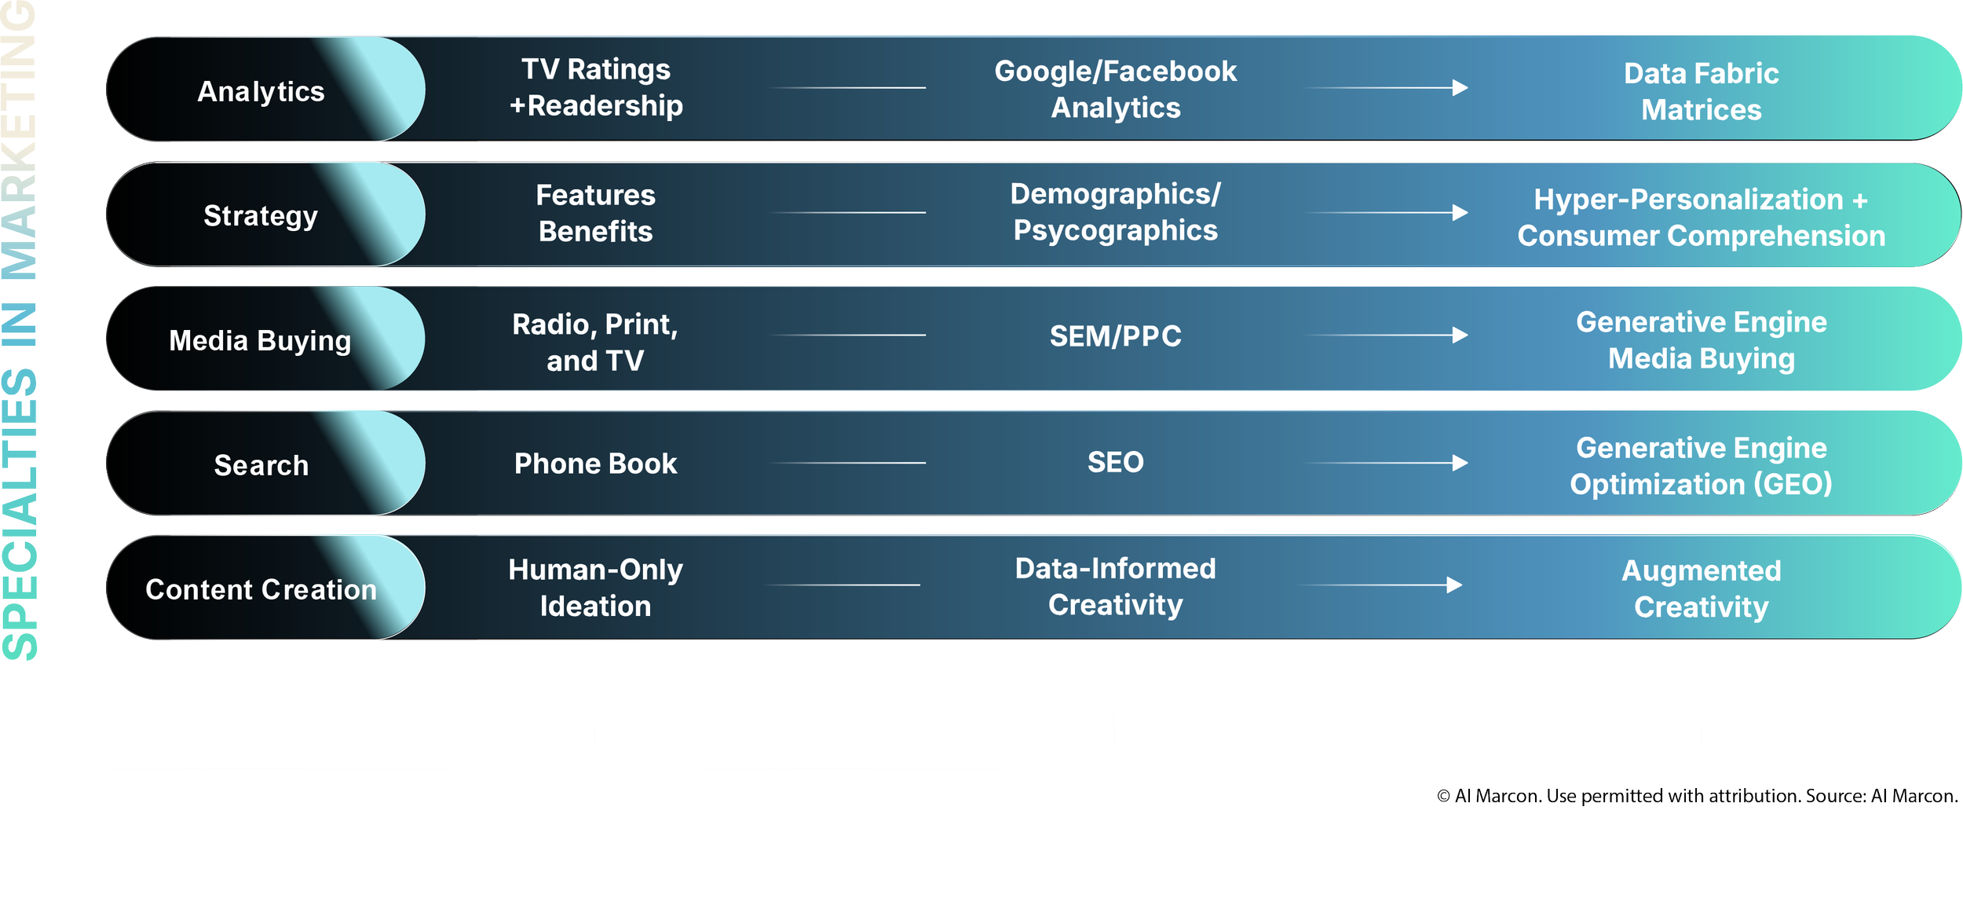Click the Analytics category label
tap(261, 91)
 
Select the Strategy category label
tap(261, 215)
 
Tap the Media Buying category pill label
tap(260, 340)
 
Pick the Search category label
tap(261, 465)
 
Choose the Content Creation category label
tap(261, 589)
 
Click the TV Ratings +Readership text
tap(596, 87)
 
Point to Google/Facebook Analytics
tap(1115, 89)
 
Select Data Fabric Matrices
tap(1701, 91)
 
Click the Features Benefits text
tap(595, 213)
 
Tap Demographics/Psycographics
tap(1115, 212)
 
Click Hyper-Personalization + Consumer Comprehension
tap(1701, 218)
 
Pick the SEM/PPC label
tap(1115, 336)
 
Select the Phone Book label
tap(595, 464)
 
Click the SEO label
tap(1115, 462)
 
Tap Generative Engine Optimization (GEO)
tap(1701, 466)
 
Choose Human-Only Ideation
tap(595, 588)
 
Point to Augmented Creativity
tap(1701, 588)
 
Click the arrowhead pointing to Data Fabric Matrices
tap(1460, 88)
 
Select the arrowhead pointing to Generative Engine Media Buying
tap(1460, 335)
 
